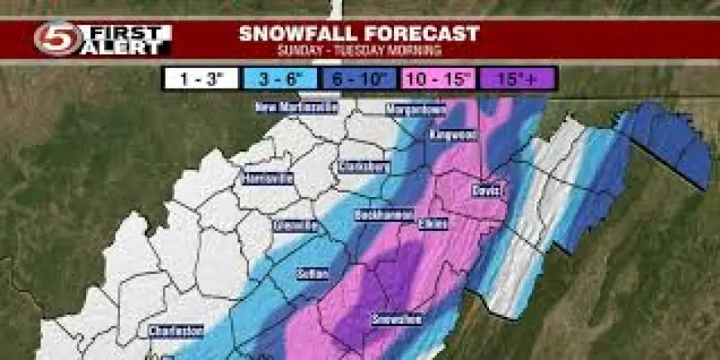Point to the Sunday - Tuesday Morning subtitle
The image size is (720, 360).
[359, 51]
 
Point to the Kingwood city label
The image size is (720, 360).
[451, 133]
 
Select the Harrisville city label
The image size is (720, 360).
[266, 178]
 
